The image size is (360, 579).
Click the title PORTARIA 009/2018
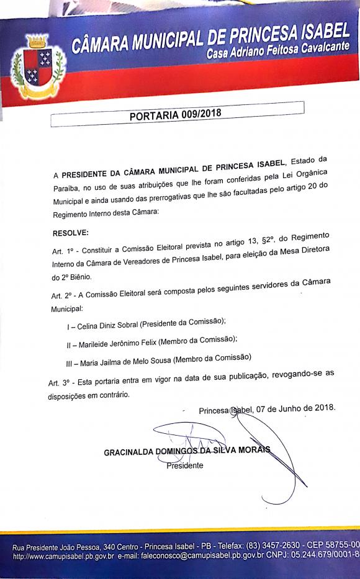tap(175, 115)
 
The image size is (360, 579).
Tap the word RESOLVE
tap(71, 233)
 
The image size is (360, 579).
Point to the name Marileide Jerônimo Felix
tap(115, 342)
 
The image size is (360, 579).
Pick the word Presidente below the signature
tap(184, 465)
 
